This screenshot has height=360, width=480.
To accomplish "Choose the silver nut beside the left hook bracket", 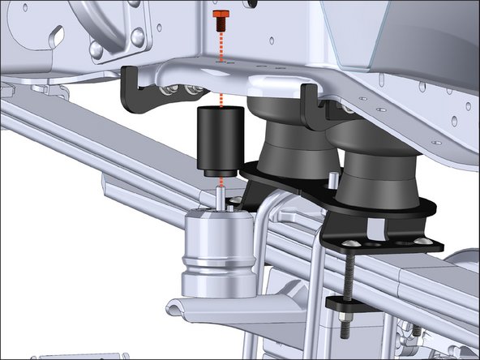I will [x=195, y=90].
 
